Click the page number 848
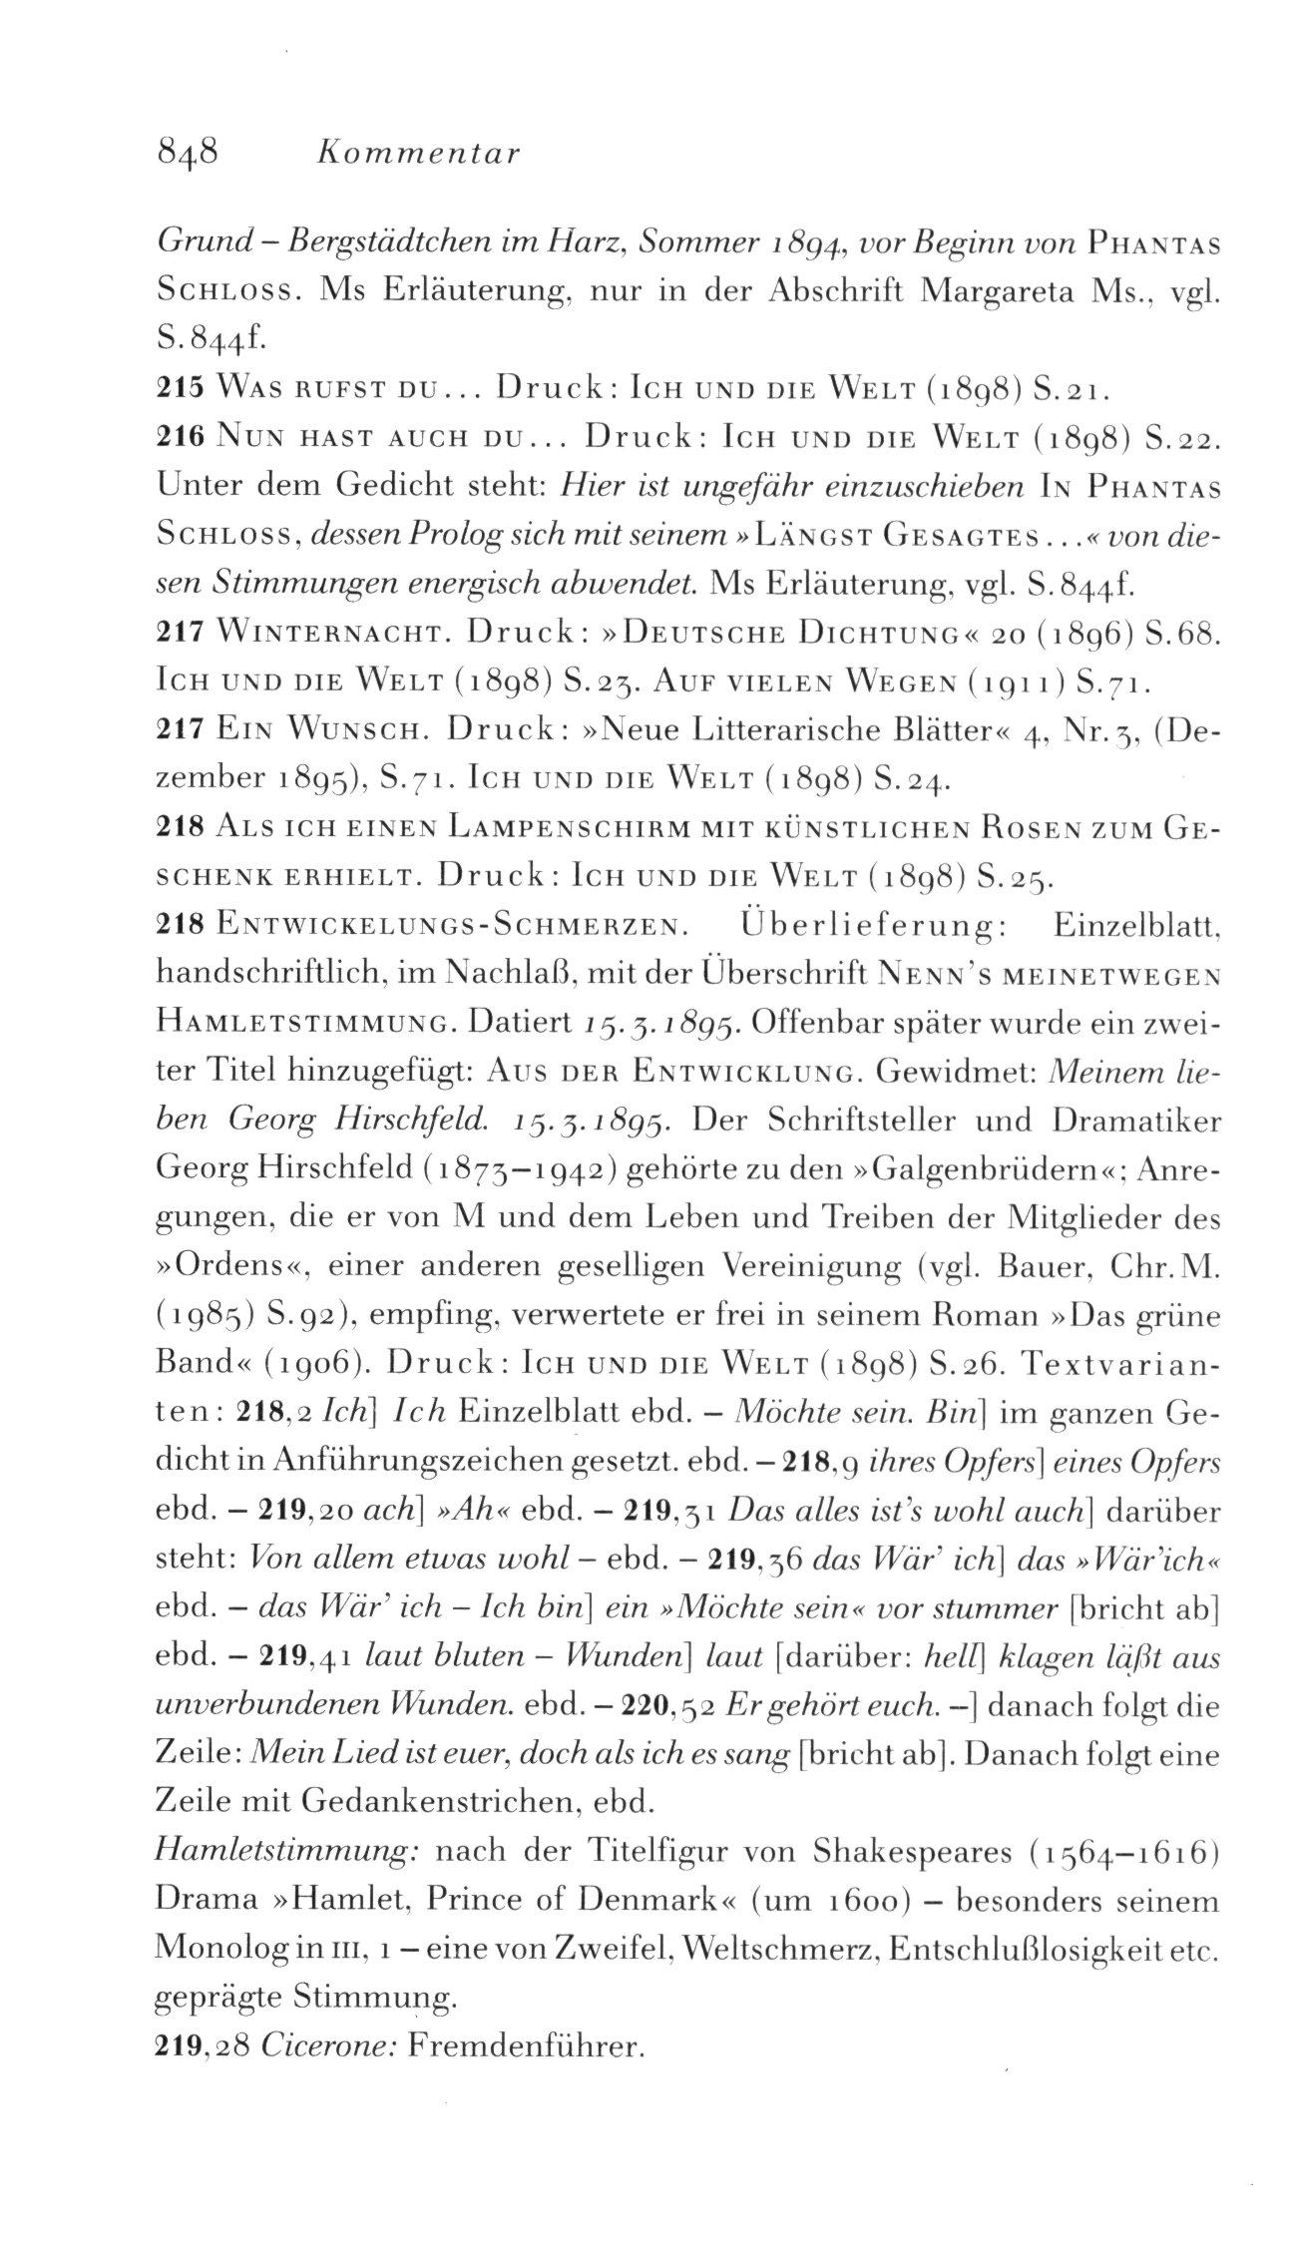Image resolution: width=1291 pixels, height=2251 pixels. pyautogui.click(x=188, y=156)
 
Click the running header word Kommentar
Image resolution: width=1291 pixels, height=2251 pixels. pyautogui.click(x=417, y=156)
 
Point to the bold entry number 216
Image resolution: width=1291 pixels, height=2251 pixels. pyautogui.click(x=182, y=437)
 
